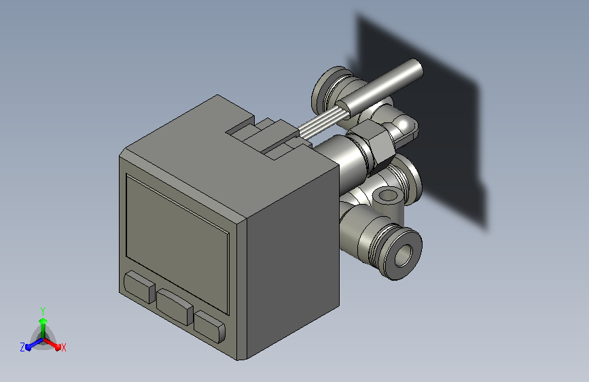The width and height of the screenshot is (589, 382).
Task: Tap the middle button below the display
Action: pyautogui.click(x=175, y=307)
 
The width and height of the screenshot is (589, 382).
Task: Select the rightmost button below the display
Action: pyautogui.click(x=210, y=326)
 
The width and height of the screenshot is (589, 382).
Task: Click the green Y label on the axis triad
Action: pyautogui.click(x=43, y=311)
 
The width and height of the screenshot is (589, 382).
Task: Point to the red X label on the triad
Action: pyautogui.click(x=63, y=347)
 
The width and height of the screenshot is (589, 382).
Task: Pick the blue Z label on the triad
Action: pyautogui.click(x=22, y=347)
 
